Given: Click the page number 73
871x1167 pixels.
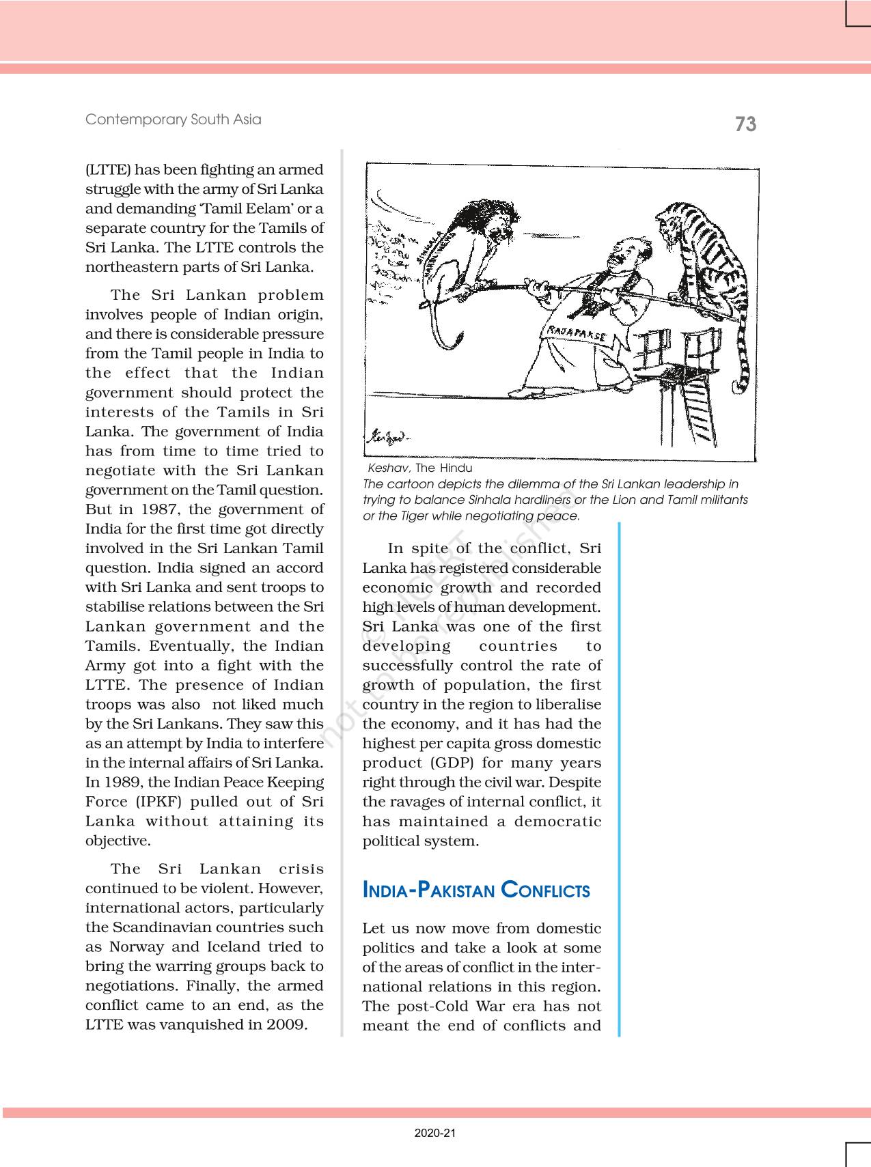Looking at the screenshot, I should [x=745, y=124].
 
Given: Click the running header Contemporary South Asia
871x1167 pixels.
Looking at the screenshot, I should [x=173, y=119].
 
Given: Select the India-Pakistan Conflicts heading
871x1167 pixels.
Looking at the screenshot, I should [x=476, y=890].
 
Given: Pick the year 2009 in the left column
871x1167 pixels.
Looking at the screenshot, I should [x=286, y=1024].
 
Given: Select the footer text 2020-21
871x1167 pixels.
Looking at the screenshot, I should [x=434, y=1133].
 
